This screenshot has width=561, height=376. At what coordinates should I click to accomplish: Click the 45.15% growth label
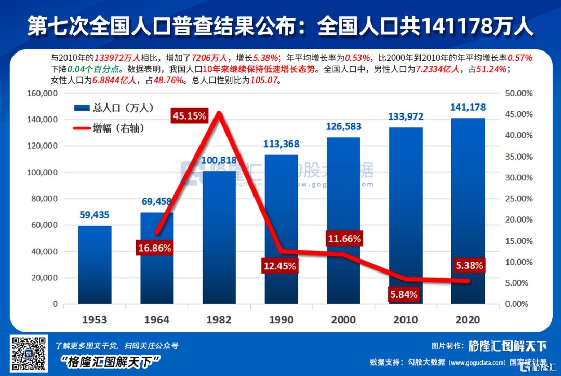pyautogui.click(x=189, y=115)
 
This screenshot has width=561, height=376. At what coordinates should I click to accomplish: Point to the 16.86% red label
pyautogui.click(x=154, y=248)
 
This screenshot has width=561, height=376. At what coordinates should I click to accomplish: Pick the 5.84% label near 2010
pyautogui.click(x=404, y=295)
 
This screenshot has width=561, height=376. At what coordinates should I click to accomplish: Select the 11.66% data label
pyautogui.click(x=344, y=239)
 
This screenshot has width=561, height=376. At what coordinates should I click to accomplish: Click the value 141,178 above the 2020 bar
pyautogui.click(x=468, y=108)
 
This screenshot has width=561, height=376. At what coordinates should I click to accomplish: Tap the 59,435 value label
pyautogui.click(x=95, y=214)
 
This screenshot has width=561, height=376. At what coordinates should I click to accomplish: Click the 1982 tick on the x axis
pyautogui.click(x=219, y=319)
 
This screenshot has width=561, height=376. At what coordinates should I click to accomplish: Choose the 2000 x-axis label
pyautogui.click(x=343, y=319)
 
